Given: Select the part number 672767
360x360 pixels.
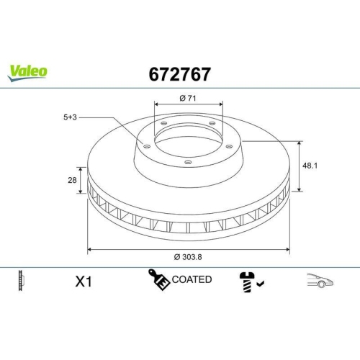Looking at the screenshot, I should click(x=179, y=73).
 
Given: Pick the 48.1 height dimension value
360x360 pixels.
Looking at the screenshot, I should click(x=310, y=165).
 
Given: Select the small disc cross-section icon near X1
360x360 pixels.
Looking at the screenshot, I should click(x=19, y=281).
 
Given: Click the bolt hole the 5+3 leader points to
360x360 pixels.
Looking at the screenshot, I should click(x=146, y=147).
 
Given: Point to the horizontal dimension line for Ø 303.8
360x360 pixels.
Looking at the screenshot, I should click(x=144, y=249).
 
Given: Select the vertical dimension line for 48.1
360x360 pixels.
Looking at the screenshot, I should click(x=297, y=166).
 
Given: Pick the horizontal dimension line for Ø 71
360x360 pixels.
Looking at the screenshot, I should click(x=188, y=107).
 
